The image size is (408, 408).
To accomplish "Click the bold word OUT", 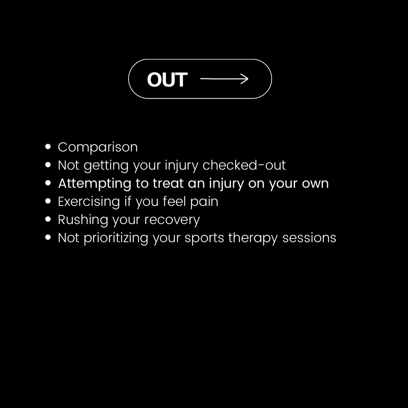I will (167, 79).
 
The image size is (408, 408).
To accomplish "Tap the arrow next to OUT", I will (224, 79).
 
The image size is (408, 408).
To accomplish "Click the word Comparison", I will (97, 147).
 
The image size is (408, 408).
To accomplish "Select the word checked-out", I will (244, 165).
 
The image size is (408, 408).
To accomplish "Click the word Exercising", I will (89, 201).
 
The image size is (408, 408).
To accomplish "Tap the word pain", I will (204, 201).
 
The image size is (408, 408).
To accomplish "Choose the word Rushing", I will (83, 219).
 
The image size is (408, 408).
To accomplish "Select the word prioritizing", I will (116, 238).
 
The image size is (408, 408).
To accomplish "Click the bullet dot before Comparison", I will (48, 147).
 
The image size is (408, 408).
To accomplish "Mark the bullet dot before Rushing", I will (48, 219).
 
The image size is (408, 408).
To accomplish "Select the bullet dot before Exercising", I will (48, 201).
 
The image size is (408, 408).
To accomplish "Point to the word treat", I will (167, 183).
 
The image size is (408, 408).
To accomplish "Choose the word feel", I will (174, 201).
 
